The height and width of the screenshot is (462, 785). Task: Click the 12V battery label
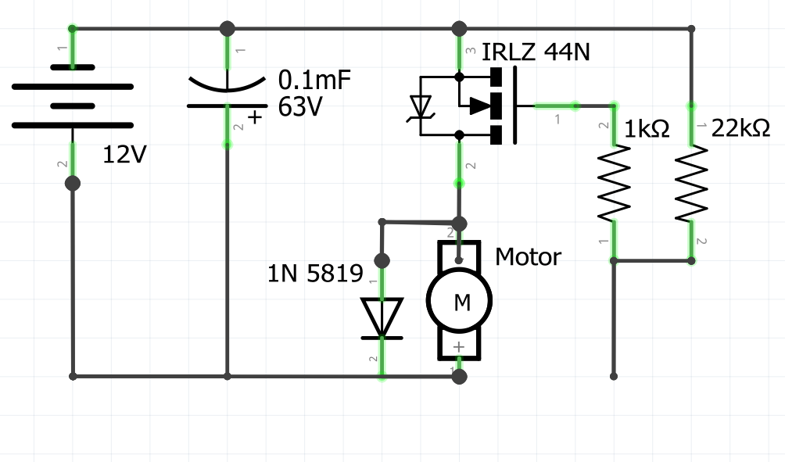pyautogui.click(x=125, y=156)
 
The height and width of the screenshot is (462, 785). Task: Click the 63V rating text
pyautogui.click(x=301, y=108)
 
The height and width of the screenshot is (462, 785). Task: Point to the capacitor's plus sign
pyautogui.click(x=254, y=118)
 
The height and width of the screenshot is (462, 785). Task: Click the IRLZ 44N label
pyautogui.click(x=536, y=53)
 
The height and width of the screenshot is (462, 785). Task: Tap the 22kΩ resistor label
pyautogui.click(x=740, y=128)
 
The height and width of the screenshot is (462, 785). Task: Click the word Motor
pyautogui.click(x=529, y=256)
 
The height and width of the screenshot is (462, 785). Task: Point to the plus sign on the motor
pyautogui.click(x=459, y=346)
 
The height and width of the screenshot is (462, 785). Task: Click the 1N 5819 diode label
pyautogui.click(x=315, y=274)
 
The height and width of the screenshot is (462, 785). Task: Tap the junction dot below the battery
pyautogui.click(x=73, y=183)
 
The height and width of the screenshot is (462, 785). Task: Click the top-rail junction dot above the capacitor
pyautogui.click(x=227, y=29)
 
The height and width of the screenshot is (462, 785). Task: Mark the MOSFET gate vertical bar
pyautogui.click(x=515, y=106)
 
